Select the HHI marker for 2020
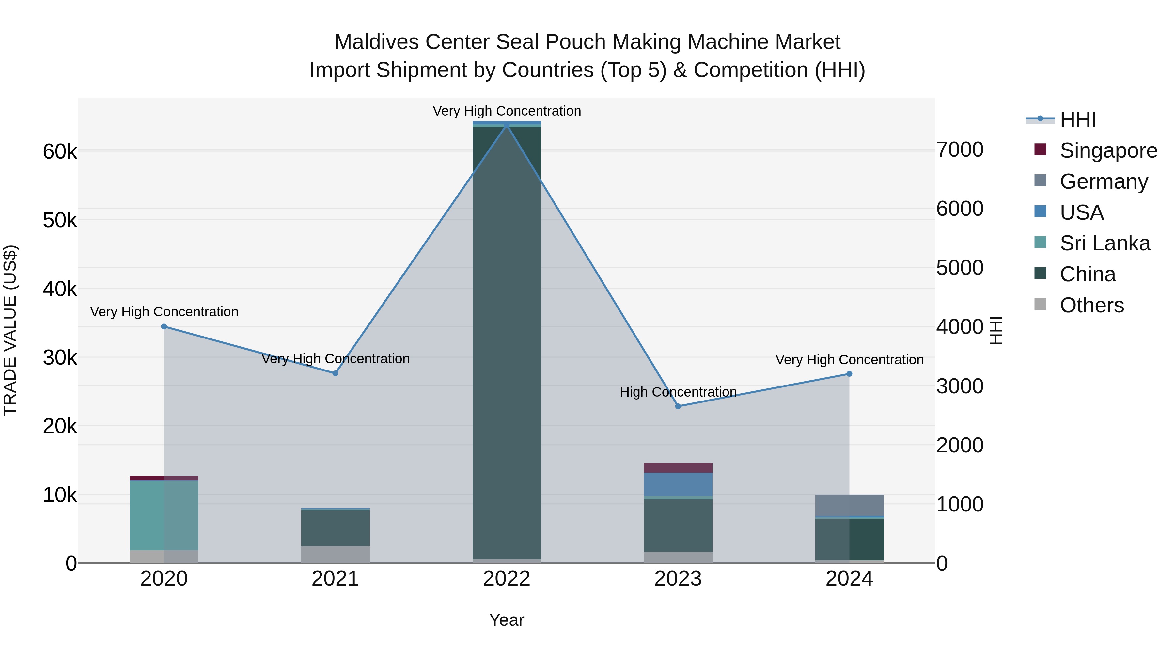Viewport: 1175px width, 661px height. (164, 327)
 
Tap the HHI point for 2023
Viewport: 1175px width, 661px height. (678, 406)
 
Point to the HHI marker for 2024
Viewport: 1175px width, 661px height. (849, 374)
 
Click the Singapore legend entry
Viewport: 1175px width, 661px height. (1108, 150)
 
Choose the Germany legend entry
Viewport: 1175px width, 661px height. (1104, 181)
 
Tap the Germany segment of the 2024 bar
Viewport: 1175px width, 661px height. (849, 505)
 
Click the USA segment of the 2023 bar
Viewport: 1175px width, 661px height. (678, 484)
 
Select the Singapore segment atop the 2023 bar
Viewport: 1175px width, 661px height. (678, 467)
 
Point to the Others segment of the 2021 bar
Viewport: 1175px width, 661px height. (335, 554)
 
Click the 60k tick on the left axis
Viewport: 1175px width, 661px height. (60, 152)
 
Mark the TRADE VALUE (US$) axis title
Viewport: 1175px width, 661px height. (10, 330)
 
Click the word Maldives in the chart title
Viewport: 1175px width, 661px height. (377, 42)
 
